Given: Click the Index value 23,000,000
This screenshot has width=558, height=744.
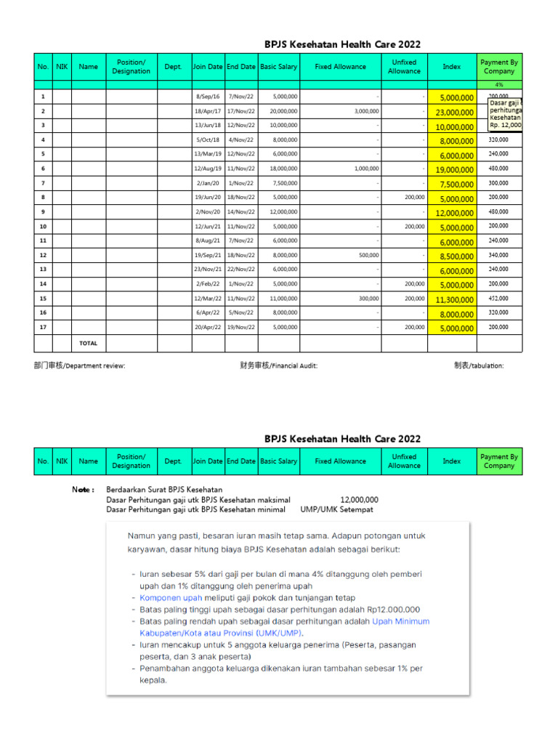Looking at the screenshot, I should [x=455, y=112].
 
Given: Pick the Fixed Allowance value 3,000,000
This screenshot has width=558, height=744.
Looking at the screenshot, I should [x=366, y=110].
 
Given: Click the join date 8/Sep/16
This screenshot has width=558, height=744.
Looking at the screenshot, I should [x=208, y=97].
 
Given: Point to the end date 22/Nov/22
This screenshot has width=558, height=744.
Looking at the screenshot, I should [x=240, y=270].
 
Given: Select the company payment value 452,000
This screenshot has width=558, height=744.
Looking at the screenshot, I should [x=498, y=298].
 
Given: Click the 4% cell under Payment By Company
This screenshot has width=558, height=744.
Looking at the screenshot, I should [x=498, y=85].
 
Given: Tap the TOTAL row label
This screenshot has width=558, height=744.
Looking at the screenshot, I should [x=88, y=343].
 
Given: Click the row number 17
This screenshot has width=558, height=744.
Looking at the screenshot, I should [x=43, y=327].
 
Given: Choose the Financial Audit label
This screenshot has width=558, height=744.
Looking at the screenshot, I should [x=278, y=365].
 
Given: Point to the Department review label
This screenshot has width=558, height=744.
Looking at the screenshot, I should [x=79, y=365].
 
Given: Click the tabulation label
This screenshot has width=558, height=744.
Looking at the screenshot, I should [x=478, y=365].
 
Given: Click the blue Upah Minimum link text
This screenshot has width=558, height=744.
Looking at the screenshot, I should [x=400, y=621].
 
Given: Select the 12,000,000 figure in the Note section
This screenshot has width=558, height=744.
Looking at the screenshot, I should [x=359, y=499].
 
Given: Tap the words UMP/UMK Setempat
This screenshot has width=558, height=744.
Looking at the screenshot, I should [x=336, y=509].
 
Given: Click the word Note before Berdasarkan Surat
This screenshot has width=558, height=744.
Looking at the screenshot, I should [x=83, y=490].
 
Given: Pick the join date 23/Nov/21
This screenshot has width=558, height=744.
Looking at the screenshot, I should [x=208, y=270].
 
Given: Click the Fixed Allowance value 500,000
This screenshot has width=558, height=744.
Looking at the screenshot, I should [x=368, y=255].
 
